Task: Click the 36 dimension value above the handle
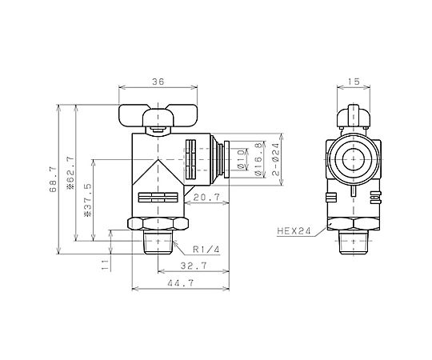click(158, 82)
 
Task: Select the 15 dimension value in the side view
click(354, 82)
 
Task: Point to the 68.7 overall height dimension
click(53, 179)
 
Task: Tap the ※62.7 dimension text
click(70, 173)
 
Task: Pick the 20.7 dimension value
click(206, 198)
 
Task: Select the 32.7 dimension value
click(194, 266)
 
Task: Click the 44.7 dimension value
click(181, 283)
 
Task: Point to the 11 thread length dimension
click(105, 265)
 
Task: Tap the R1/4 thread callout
click(206, 250)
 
